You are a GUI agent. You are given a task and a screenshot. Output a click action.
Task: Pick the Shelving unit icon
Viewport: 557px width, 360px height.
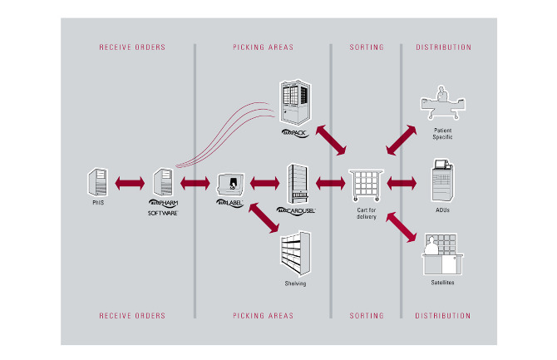pos(295,250)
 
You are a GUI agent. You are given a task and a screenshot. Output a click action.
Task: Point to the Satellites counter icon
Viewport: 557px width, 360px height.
pos(442,254)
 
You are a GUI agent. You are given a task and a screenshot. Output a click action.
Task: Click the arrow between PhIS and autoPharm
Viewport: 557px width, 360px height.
pos(131,181)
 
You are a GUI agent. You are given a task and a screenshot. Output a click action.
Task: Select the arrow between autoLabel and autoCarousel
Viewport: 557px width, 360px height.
pos(264,181)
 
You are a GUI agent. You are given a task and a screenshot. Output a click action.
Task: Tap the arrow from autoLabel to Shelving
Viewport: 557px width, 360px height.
pos(267,222)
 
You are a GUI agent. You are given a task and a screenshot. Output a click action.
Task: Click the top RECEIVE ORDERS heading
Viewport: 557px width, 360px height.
pos(132,47)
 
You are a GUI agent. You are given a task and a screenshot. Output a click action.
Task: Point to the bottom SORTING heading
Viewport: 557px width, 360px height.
pos(367,316)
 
